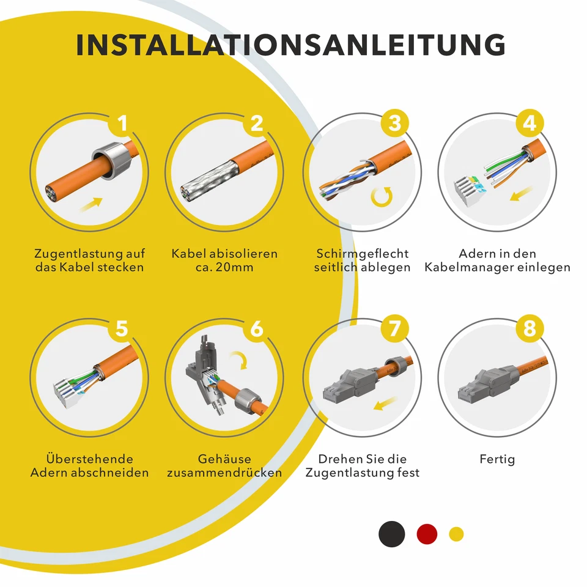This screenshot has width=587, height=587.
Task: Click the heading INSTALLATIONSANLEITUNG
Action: click(291, 46)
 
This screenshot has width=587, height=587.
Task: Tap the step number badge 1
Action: click(122, 124)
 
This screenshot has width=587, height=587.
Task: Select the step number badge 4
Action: click(529, 124)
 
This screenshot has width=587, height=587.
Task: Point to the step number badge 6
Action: click(256, 329)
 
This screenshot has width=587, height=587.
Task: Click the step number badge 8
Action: click(529, 329)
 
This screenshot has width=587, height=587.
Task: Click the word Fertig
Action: click(497, 459)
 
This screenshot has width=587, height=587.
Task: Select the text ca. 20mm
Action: click(224, 268)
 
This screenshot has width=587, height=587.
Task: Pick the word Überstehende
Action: click(89, 459)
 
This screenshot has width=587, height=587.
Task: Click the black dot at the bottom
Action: click(391, 534)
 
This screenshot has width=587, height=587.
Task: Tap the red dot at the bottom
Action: click(427, 534)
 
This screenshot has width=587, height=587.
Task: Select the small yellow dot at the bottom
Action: click(456, 534)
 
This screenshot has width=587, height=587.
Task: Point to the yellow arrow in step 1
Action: click(91, 203)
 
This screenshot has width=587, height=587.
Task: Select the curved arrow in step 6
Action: click(240, 360)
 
